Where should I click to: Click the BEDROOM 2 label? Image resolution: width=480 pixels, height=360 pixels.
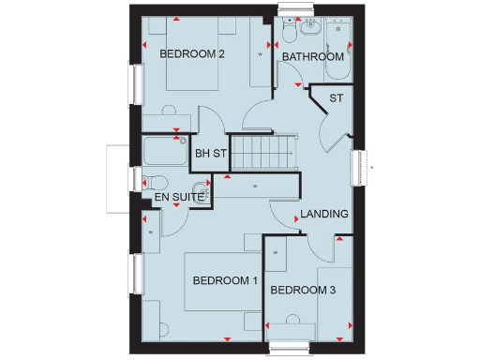191,54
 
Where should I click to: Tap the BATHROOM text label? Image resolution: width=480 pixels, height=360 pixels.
313,57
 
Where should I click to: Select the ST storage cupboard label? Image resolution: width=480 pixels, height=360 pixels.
335,98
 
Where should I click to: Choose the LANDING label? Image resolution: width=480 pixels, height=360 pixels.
324,214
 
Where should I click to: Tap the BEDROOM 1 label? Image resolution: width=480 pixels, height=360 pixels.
225,280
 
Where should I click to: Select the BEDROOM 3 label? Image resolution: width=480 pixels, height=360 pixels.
303,291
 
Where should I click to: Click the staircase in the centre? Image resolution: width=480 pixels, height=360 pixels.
262,153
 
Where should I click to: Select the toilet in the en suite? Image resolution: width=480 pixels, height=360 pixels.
155,182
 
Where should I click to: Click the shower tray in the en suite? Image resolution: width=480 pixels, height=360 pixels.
166,151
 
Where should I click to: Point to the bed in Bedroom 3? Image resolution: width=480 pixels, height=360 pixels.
334,300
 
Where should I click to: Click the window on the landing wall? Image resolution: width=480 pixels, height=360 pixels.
357,169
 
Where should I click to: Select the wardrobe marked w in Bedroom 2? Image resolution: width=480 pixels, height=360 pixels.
260,56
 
